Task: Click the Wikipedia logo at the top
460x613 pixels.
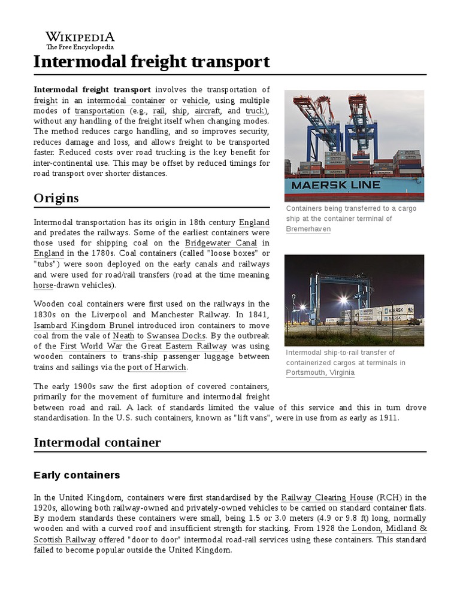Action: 80,40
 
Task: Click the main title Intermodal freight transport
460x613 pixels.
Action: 152,62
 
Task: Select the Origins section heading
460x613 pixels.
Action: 56,198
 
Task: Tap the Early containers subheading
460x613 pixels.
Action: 77,475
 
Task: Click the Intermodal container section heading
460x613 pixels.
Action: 97,442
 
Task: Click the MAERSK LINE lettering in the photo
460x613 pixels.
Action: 335,185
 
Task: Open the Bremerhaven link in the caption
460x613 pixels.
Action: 308,229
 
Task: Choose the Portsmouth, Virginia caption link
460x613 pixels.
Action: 320,372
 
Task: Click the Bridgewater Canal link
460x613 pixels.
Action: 220,242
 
